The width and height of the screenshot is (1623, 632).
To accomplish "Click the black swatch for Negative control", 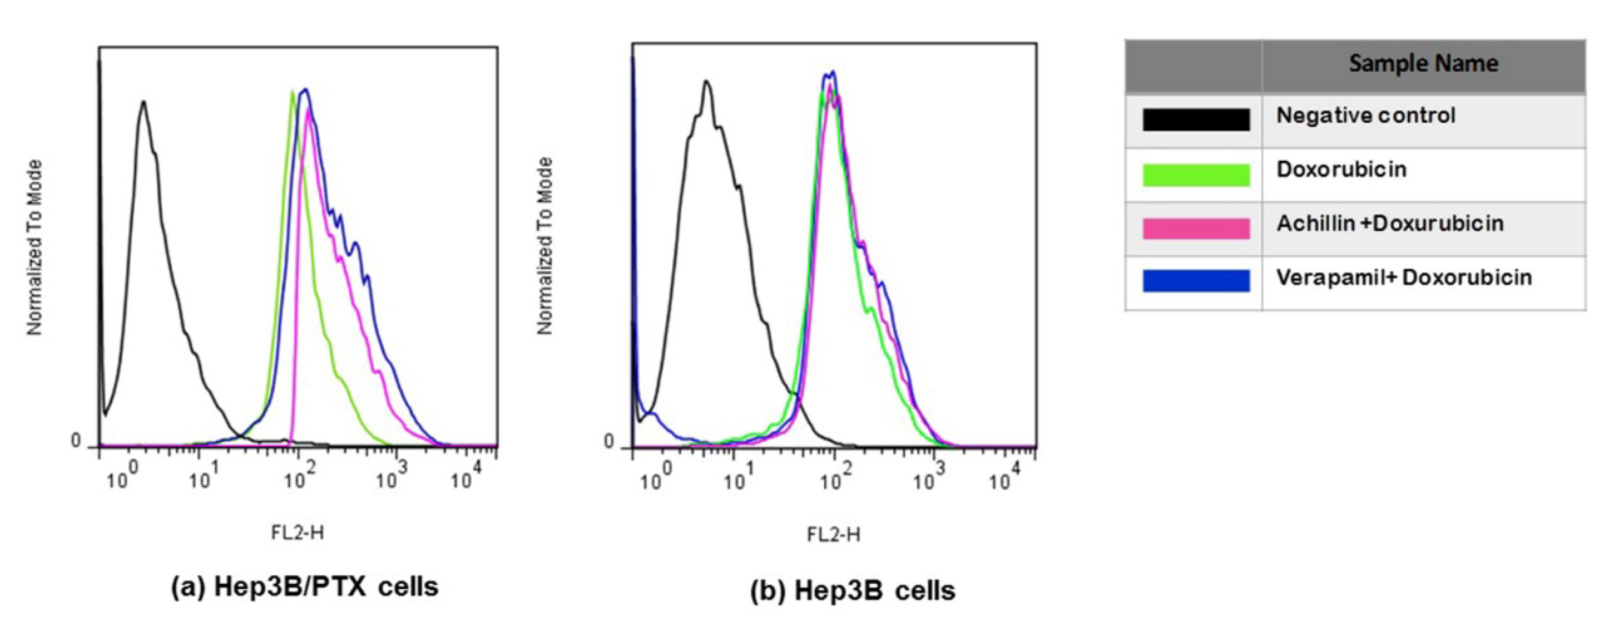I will pos(1195,120).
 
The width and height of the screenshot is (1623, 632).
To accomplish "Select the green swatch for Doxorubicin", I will pos(1195,175).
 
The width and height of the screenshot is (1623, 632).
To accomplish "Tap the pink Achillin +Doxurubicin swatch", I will pos(1195,228).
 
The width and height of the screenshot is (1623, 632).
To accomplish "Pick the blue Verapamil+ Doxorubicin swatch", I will pos(1195,281).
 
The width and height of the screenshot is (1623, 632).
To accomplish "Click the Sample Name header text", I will pos(1423,63).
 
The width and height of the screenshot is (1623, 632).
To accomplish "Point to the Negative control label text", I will pos(1366,116).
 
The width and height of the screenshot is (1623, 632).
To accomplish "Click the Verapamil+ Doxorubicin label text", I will pos(1404,278).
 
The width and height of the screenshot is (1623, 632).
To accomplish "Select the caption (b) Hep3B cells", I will pos(852,591).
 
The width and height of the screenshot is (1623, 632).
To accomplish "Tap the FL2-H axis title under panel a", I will pos(297,533).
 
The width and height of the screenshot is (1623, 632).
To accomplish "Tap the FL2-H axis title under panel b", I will pos(833,535).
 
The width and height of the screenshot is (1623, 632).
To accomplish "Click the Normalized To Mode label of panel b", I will pos(544,246).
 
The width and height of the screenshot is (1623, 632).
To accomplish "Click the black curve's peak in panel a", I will pos(143,102).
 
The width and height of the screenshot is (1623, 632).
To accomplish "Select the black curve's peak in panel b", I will pos(706,82).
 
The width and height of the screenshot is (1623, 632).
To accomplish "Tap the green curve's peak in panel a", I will pos(292,93).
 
